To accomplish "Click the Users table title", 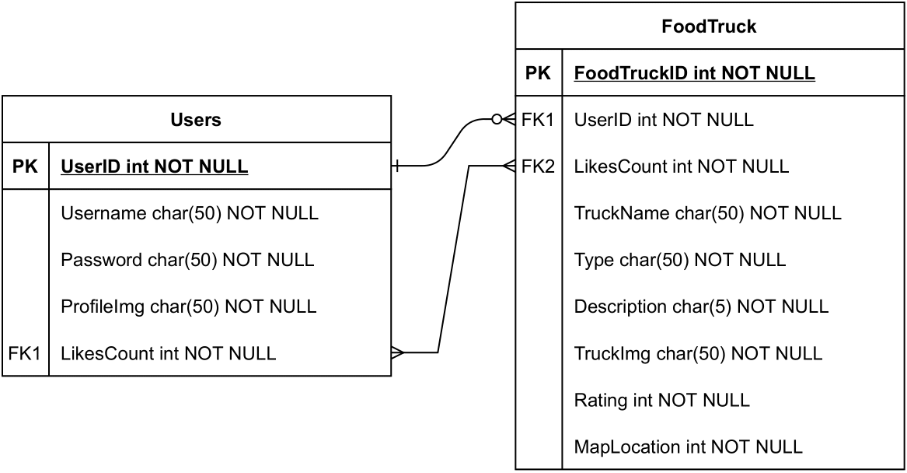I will (x=196, y=120).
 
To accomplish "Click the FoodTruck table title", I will (x=709, y=26).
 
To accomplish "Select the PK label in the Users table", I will (x=26, y=166).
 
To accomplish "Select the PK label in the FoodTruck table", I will (x=538, y=73).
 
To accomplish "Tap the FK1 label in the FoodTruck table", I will (x=538, y=120).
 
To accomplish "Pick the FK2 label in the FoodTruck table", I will (x=538, y=166).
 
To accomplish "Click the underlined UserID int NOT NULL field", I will (x=154, y=166).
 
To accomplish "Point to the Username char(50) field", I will (x=189, y=213).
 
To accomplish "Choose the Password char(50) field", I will (x=187, y=260).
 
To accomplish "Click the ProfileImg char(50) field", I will (x=188, y=307).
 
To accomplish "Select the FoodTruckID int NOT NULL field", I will (x=694, y=73).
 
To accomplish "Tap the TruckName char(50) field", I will (x=707, y=213).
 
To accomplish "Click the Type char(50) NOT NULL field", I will (x=679, y=260).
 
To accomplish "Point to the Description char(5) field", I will (x=701, y=307).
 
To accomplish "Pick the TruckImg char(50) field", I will (x=698, y=353).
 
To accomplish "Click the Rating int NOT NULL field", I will (x=661, y=400).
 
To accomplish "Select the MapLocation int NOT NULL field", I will (x=688, y=447).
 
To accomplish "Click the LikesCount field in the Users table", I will (x=168, y=353).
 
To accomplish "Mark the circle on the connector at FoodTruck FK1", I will (x=497, y=120).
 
